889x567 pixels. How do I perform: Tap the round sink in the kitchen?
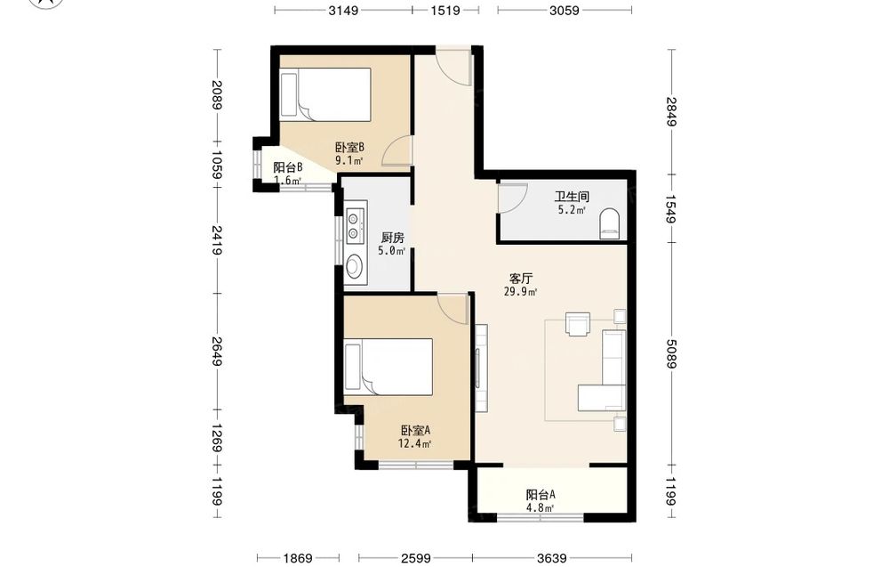(x=356, y=264)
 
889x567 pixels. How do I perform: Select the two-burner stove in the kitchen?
(x=356, y=225)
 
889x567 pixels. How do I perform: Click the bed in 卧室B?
(x=326, y=94)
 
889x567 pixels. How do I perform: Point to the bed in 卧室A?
(x=389, y=367)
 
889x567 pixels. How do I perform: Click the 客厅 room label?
(x=521, y=279)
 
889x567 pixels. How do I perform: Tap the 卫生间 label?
(x=572, y=197)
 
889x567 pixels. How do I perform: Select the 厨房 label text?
(x=392, y=238)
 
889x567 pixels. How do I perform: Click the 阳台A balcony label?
(x=541, y=495)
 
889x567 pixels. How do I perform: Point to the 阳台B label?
(x=288, y=167)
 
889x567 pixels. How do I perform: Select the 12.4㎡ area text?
(x=414, y=443)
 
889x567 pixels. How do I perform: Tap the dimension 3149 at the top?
(x=343, y=10)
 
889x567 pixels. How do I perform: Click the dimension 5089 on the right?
(x=671, y=353)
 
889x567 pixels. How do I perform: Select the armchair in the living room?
(x=578, y=324)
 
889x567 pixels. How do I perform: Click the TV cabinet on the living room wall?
(x=481, y=368)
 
